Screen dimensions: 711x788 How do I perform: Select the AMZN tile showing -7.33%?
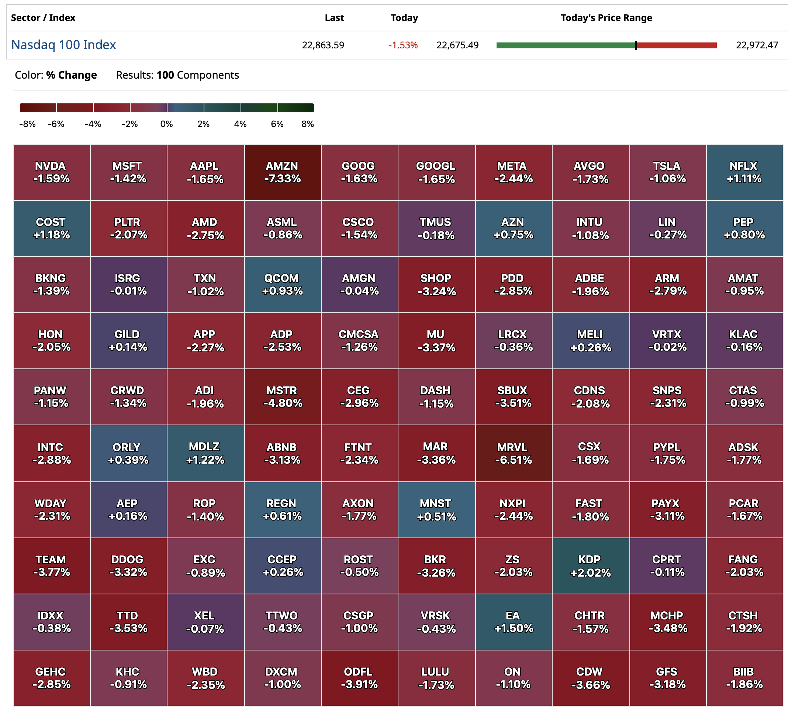282,172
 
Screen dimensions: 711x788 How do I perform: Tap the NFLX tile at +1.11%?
744,172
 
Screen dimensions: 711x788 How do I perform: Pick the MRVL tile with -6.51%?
513,453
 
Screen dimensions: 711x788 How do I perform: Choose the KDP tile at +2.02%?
590,566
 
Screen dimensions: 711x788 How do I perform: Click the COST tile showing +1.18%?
52,229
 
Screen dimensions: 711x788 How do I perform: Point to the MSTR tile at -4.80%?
282,397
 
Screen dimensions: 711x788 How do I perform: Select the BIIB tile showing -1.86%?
744,678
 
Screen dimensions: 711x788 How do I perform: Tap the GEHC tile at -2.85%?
52,678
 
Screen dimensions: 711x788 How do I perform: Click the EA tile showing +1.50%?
513,622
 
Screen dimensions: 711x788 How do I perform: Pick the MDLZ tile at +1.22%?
205,453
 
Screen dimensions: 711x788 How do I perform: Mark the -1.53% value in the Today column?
402,45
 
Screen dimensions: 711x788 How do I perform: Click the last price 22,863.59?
323,45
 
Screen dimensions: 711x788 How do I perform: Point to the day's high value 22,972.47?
756,45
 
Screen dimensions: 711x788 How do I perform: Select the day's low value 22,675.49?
457,45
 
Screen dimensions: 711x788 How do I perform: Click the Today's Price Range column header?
606,18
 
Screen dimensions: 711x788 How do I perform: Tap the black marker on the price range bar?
636,45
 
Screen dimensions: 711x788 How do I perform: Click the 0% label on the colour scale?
166,124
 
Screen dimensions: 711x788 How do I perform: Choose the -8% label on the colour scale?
27,124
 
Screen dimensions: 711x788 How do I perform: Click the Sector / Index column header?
43,18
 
